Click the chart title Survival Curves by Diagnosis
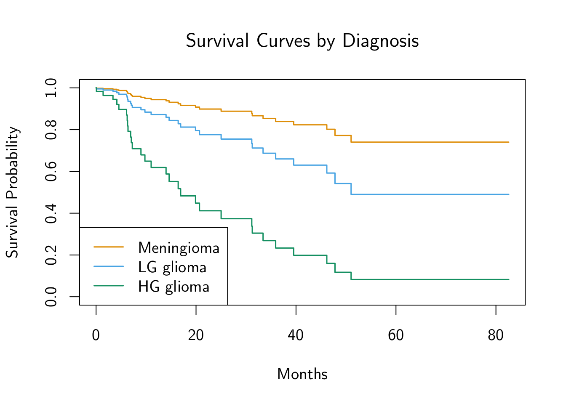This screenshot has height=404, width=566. tap(302, 41)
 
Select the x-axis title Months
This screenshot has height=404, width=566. tap(302, 374)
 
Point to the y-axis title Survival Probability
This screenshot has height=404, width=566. tap(12, 192)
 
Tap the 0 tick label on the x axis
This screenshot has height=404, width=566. tap(96, 335)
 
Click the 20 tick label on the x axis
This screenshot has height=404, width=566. tap(196, 335)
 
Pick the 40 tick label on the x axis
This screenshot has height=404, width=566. tap(296, 335)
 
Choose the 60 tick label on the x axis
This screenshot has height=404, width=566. tap(396, 335)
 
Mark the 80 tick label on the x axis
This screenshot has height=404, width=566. tap(496, 335)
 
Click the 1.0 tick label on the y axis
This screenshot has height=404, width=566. tap(51, 88)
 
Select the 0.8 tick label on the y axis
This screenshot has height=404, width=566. tap(51, 130)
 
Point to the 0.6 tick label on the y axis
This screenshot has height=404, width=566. tap(51, 171)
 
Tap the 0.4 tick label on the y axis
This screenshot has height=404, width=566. tap(51, 213)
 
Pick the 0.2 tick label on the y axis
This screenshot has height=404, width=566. tap(51, 255)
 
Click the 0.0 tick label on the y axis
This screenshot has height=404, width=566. tap(51, 297)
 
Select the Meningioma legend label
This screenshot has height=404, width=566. tap(179, 248)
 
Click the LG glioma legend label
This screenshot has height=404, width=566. tap(172, 267)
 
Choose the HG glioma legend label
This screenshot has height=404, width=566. tap(174, 287)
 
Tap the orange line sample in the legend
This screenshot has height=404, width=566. tap(109, 247)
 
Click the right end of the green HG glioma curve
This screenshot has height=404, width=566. tap(509, 279)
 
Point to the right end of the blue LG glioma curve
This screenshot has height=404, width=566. tap(509, 194)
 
